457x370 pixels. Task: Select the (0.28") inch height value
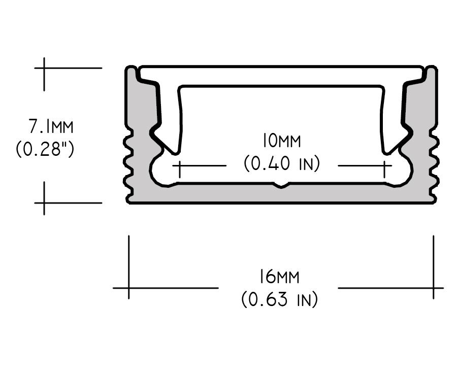[45, 150]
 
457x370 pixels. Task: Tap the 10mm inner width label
[281, 140]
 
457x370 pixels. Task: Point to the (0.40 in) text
[282, 164]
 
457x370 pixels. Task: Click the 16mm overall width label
[278, 277]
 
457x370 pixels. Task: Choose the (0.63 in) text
[279, 299]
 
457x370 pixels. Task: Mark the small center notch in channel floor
[281, 186]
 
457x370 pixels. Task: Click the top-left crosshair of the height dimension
[44, 68]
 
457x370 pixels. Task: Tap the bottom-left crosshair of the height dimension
[44, 203]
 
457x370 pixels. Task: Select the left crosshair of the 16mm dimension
[129, 288]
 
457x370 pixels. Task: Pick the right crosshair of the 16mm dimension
[433, 288]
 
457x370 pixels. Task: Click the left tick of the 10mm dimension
[179, 165]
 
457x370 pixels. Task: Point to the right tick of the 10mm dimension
[385, 165]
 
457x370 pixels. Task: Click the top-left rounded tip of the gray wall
[132, 69]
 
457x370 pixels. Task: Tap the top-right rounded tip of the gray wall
[431, 69]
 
